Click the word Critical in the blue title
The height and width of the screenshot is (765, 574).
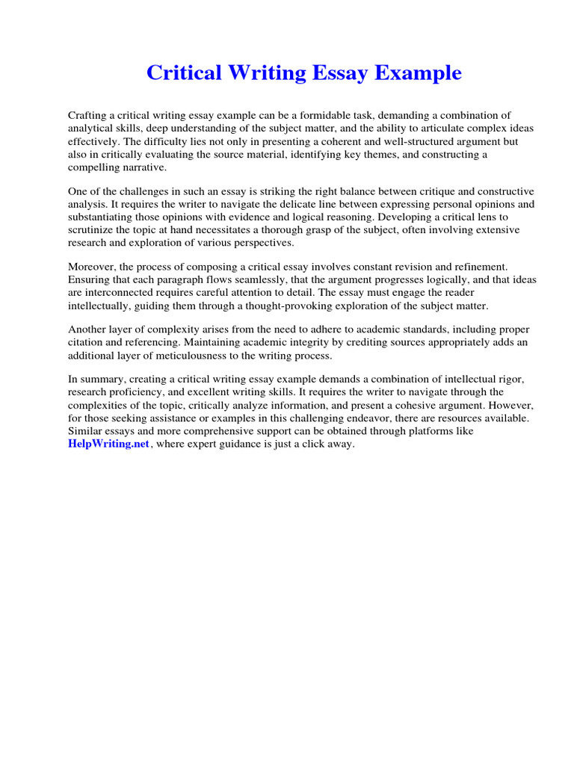(x=182, y=73)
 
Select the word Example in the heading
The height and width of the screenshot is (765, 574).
(x=420, y=73)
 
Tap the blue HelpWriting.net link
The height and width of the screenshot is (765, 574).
(x=105, y=445)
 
